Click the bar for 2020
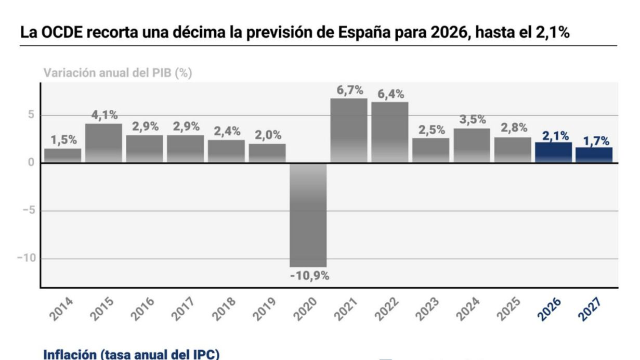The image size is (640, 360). (x=308, y=215)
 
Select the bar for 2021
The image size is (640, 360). (x=349, y=130)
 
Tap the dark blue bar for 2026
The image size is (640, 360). (x=553, y=152)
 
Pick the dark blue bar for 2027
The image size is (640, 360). (x=594, y=155)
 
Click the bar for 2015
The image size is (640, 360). (x=103, y=143)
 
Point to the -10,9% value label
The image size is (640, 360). (x=309, y=276)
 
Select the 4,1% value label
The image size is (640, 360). (x=104, y=115)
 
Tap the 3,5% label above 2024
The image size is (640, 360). (x=472, y=120)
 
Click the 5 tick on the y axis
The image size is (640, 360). (x=32, y=115)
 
